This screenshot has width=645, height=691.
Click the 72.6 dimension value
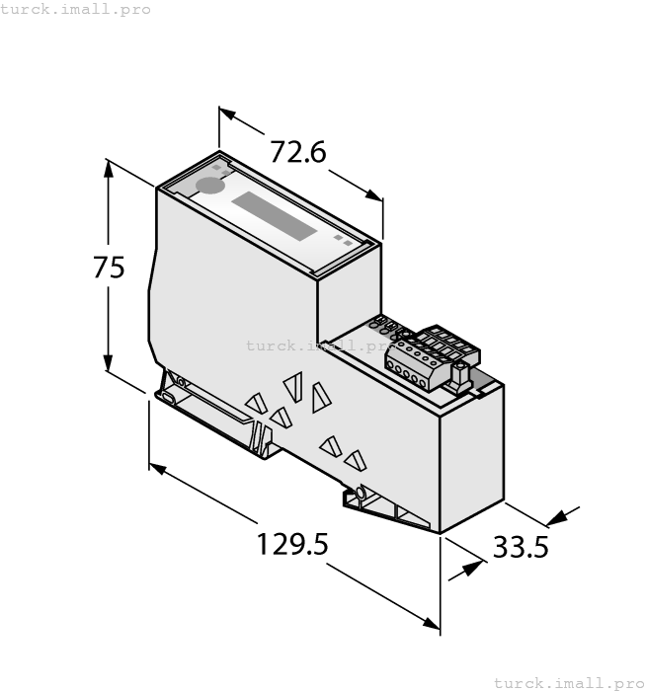(x=298, y=153)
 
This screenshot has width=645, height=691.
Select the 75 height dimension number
(x=109, y=268)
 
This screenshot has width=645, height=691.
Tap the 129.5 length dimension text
(x=292, y=544)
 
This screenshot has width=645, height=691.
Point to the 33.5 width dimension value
(x=520, y=546)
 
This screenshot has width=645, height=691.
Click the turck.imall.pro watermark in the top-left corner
(x=76, y=9)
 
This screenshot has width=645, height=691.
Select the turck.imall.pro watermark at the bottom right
(x=568, y=682)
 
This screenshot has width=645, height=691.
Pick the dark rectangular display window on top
(x=275, y=216)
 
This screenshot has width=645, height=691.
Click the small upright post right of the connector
(x=459, y=373)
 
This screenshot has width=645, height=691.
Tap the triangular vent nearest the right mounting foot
(x=355, y=460)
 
